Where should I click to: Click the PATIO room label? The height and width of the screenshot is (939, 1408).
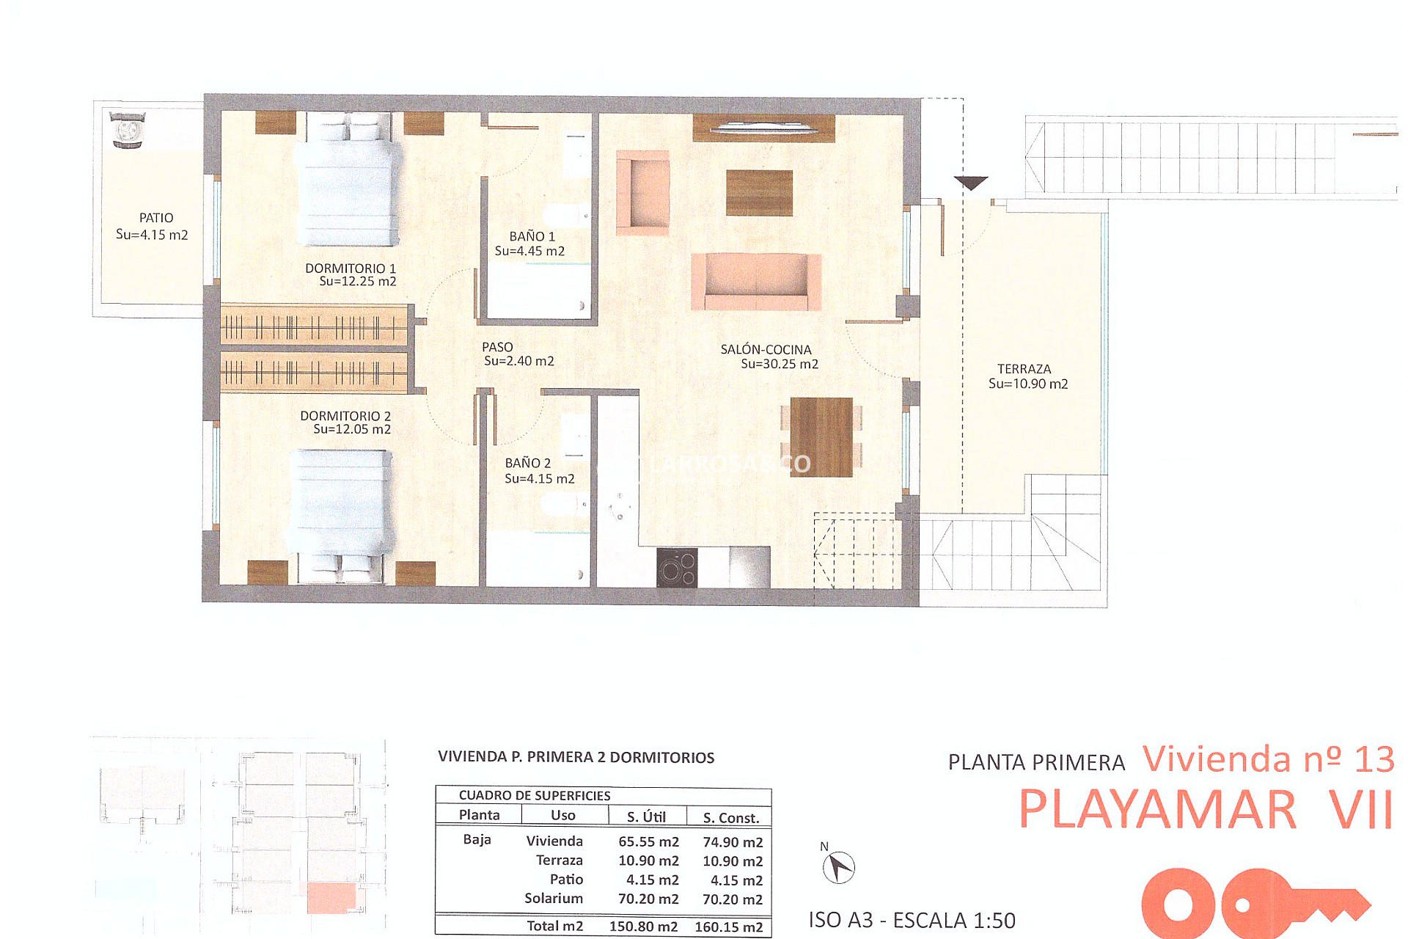coord(156,218)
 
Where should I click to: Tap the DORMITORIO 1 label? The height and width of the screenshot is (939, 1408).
coord(351,268)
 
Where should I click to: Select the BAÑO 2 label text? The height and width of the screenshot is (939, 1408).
coord(527,463)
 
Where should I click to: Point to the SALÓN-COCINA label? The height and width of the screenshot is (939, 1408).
coord(766,350)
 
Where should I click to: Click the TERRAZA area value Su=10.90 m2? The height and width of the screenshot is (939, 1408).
coord(1027,384)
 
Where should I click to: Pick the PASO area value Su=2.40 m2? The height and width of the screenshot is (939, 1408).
coord(518,361)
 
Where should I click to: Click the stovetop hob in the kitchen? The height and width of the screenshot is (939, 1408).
coord(676,568)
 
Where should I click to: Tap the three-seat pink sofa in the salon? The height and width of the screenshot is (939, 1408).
coord(756,282)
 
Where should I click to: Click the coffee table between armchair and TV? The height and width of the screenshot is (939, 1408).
coord(759,193)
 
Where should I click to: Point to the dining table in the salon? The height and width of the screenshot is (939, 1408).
coord(821,437)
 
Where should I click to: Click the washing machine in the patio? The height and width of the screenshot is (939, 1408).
coord(128,131)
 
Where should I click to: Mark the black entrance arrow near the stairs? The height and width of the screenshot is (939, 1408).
coord(971,183)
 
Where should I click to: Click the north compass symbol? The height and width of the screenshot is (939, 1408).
coord(838,868)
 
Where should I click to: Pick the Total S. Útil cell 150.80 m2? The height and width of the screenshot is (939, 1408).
coord(643,926)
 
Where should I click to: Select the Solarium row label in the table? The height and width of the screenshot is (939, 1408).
coord(554,898)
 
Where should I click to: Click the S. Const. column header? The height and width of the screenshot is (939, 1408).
coord(730,817)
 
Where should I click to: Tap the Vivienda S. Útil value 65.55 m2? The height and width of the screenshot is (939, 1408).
coord(648,841)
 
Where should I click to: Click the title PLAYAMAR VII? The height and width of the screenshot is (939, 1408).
coord(1205,810)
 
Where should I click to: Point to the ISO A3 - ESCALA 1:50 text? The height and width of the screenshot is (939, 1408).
coord(912,920)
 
